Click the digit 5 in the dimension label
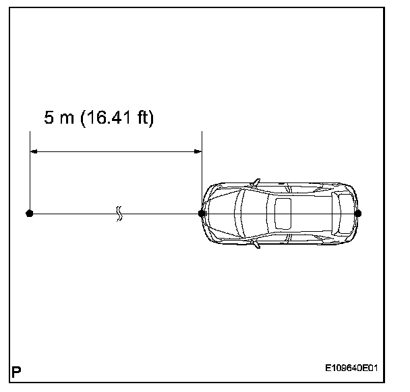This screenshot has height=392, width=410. [49, 117]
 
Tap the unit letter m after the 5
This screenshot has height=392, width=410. [67, 119]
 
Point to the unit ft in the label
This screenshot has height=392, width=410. [143, 117]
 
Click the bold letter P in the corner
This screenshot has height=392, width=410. [16, 372]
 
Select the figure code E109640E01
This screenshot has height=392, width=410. [351, 368]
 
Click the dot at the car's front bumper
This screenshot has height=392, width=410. [202, 214]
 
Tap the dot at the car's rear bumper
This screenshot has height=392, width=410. [357, 214]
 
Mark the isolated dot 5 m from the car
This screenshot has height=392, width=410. [30, 214]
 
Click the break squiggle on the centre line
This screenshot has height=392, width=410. [119, 214]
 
